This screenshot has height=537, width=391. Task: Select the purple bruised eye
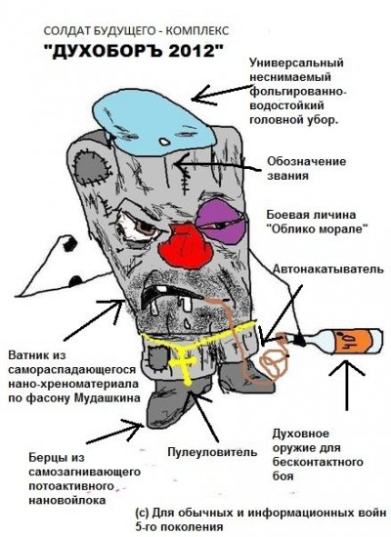pyautogui.click(x=221, y=222)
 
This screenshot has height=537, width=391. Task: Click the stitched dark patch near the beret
pyautogui.click(x=90, y=166)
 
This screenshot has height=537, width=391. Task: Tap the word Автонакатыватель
pyautogui.click(x=327, y=268)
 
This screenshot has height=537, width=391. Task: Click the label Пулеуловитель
pyautogui.click(x=212, y=452)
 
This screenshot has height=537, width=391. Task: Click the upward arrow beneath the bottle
pyautogui.click(x=347, y=385)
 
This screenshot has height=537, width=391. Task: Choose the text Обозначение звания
pyautogui.click(x=306, y=168)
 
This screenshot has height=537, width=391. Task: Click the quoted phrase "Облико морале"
pyautogui.click(x=318, y=228)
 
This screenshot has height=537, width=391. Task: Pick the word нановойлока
pyautogui.click(x=66, y=500)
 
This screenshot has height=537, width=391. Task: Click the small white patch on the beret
pyautogui.click(x=164, y=141)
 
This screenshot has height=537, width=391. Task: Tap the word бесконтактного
pyautogui.click(x=318, y=462)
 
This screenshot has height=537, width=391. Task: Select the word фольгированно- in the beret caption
pyautogui.click(x=298, y=92)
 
